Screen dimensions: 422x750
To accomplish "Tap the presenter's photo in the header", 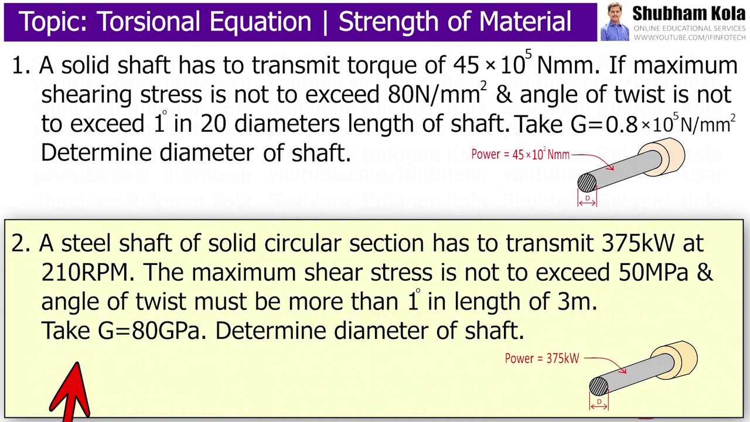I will (x=614, y=22).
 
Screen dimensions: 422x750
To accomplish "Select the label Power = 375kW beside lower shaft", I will (x=542, y=358).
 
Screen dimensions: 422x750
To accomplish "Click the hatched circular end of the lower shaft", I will (x=598, y=387).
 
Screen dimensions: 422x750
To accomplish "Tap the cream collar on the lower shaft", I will (x=681, y=356).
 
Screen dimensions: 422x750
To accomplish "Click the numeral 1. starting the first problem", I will (x=21, y=66).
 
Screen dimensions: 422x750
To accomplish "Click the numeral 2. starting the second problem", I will (x=21, y=243).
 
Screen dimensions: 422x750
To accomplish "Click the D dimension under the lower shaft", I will (x=599, y=403).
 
